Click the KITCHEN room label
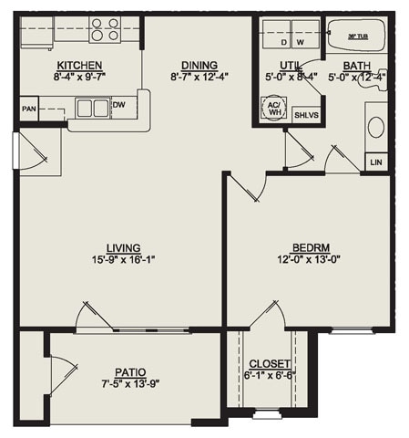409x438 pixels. pyautogui.click(x=79, y=66)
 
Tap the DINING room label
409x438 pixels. pyautogui.click(x=199, y=65)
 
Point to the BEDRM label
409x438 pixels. pyautogui.click(x=310, y=248)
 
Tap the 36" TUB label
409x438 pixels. pyautogui.click(x=358, y=36)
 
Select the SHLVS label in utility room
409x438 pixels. pyautogui.click(x=302, y=115)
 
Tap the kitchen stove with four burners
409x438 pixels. pyautogui.click(x=106, y=29)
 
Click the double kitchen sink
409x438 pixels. pyautogui.click(x=92, y=109)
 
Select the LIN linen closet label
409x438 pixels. pyautogui.click(x=376, y=162)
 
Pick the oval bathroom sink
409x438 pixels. pyautogui.click(x=375, y=126)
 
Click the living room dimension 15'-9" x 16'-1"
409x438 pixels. pyautogui.click(x=122, y=259)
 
